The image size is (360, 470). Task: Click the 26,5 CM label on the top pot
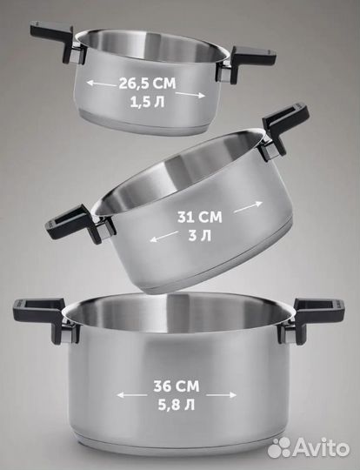147,84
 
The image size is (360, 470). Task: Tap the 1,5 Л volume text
147,102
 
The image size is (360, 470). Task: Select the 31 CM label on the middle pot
200,217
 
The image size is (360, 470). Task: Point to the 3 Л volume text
200,236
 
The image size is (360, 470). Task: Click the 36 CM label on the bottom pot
177,386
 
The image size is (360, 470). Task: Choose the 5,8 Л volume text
177,406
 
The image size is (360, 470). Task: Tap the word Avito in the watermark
321,448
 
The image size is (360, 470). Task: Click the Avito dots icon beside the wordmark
279,448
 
